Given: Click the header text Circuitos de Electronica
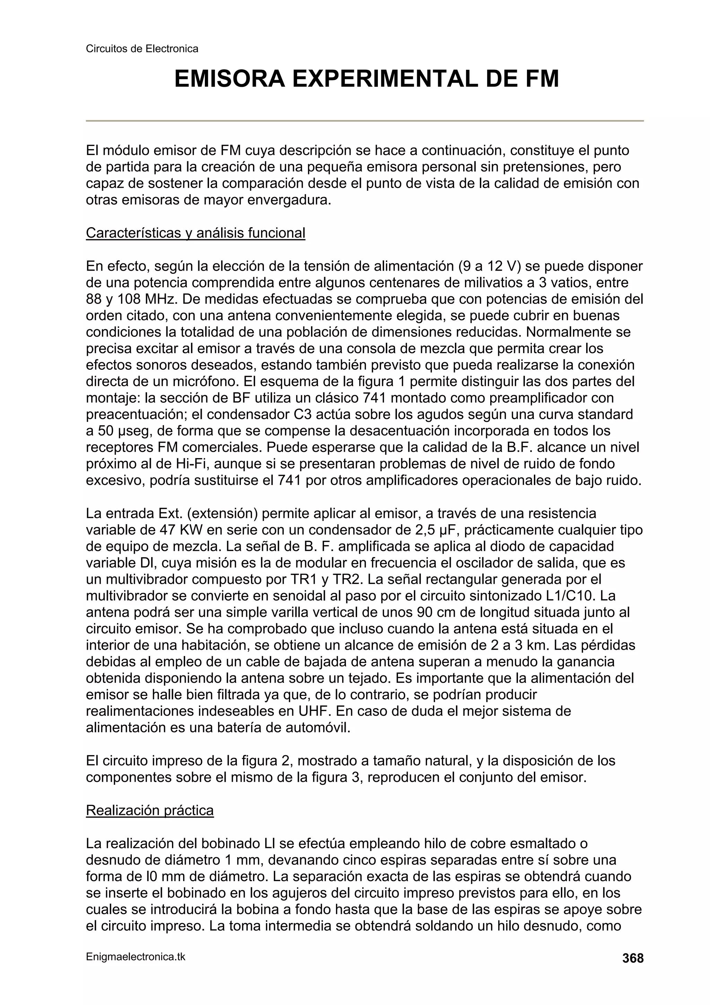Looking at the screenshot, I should tap(142, 49).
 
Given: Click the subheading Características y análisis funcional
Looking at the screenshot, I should tap(195, 233).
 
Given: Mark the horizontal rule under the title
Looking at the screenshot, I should tap(364, 121).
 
